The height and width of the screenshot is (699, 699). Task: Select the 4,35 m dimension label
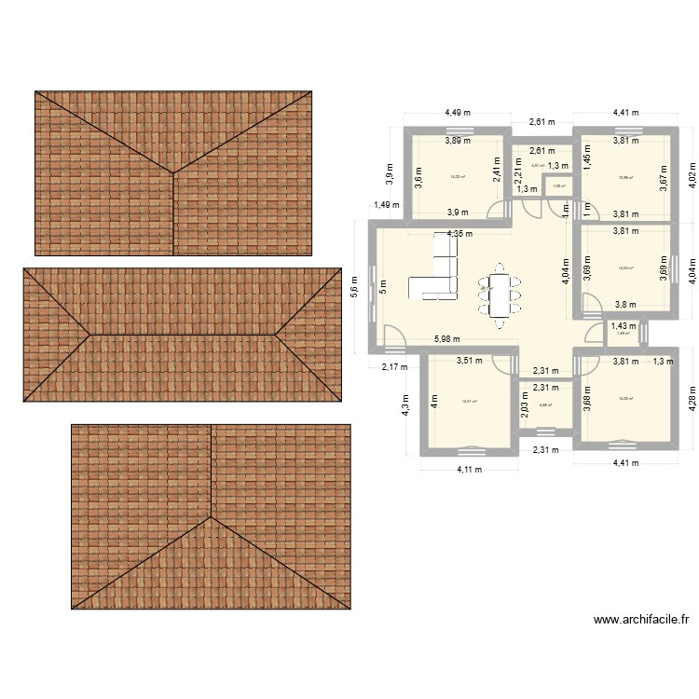point(459,234)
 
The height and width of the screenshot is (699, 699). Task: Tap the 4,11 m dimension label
point(468,470)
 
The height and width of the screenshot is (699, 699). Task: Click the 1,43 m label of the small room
point(624,326)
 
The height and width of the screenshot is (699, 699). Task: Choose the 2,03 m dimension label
point(525,406)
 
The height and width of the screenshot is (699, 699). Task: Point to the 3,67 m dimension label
point(664,176)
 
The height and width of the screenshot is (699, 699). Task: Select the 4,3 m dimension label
point(405,408)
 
